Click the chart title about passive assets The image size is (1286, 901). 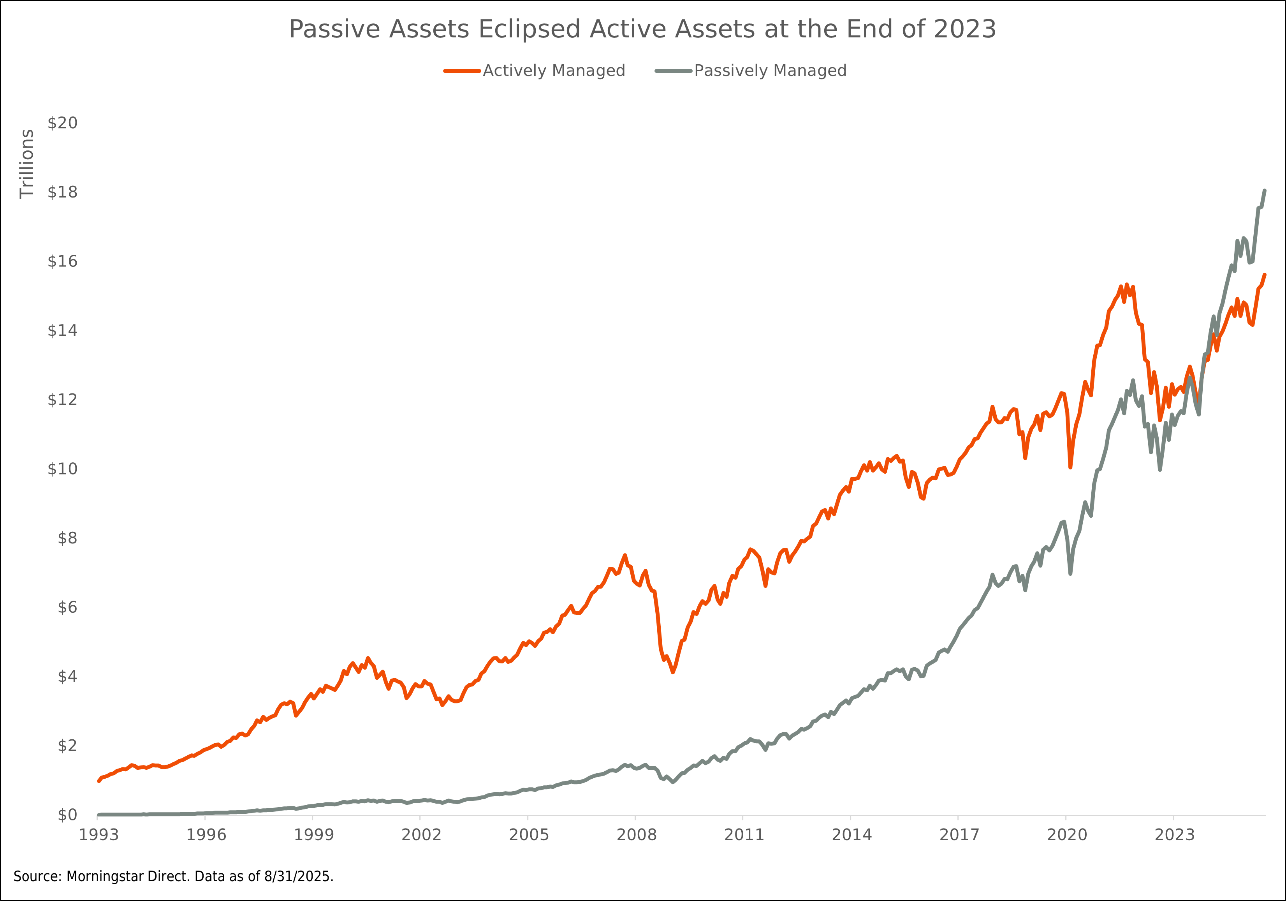coord(642,29)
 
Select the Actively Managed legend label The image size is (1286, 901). coord(553,71)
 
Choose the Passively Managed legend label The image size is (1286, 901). coord(770,71)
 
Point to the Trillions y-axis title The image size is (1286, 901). coord(26,164)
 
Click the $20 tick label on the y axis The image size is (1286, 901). coord(62,123)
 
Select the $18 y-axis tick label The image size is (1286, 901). coord(62,192)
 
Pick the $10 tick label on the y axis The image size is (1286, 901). coord(62,469)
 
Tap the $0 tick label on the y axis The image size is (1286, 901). coord(67,815)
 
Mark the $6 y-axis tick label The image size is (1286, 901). coord(67,607)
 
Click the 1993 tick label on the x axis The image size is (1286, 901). coord(99,835)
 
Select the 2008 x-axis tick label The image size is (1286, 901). coord(636,835)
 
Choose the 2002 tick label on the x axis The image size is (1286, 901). coord(421,835)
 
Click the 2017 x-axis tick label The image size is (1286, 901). coord(959,835)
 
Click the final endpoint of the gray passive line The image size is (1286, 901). coord(1265,191)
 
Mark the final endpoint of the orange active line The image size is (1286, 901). coord(1265,275)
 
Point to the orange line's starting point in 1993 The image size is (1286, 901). coord(99,781)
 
